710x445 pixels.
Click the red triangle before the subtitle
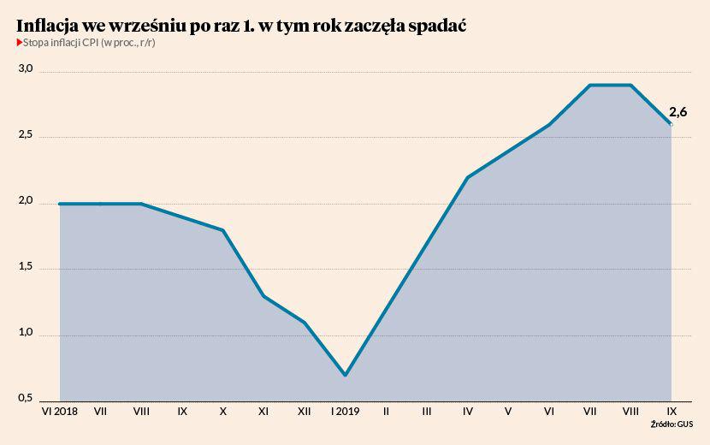[19, 43]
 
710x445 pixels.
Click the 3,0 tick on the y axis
[25, 68]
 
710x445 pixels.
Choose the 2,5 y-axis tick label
[25, 134]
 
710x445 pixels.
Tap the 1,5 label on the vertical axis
[25, 266]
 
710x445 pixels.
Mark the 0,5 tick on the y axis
[25, 398]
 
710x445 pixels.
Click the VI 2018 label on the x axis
[59, 412]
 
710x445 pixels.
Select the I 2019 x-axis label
[345, 412]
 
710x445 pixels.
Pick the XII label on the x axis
[304, 412]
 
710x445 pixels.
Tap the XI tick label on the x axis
[263, 412]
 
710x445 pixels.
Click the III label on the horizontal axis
[426, 412]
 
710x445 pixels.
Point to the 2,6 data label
[677, 111]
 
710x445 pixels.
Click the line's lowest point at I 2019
[345, 375]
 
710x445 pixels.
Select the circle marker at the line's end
[671, 125]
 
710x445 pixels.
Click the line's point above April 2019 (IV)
[467, 177]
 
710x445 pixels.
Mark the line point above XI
[263, 296]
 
